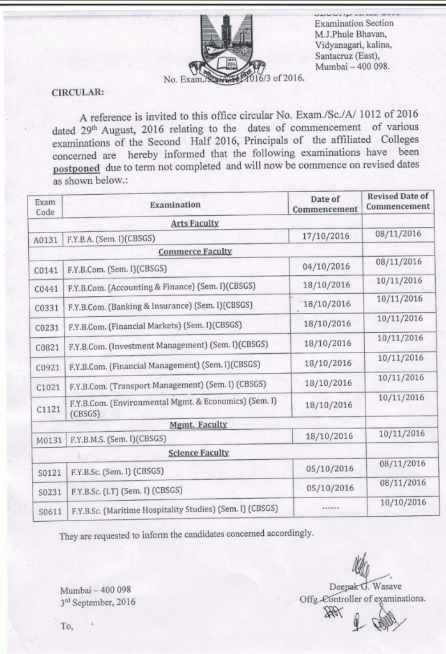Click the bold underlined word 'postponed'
pyautogui.click(x=76, y=169)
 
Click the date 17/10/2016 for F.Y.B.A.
pyautogui.click(x=327, y=236)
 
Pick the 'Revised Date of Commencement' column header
pyautogui.click(x=397, y=201)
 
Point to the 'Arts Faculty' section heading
pyautogui.click(x=195, y=223)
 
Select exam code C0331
pyautogui.click(x=47, y=308)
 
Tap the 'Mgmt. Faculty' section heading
pyautogui.click(x=198, y=424)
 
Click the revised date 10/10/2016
pyautogui.click(x=403, y=503)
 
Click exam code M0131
pyautogui.click(x=47, y=439)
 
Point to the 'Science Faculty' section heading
pyautogui.click(x=198, y=453)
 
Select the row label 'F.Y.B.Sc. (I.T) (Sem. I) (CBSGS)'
pyautogui.click(x=125, y=490)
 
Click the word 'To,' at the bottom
pyautogui.click(x=67, y=627)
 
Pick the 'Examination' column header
pyautogui.click(x=175, y=204)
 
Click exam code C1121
pyautogui.click(x=47, y=409)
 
